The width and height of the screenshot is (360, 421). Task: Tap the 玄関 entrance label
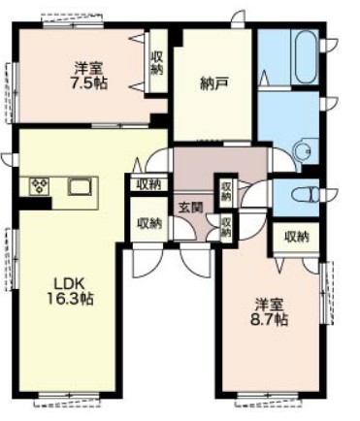click(x=189, y=206)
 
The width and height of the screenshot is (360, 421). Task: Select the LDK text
click(x=69, y=284)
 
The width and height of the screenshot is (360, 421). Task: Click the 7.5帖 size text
click(x=88, y=83)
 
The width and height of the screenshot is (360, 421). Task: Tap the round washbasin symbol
click(x=301, y=151)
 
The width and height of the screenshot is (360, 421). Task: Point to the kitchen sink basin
click(x=79, y=186)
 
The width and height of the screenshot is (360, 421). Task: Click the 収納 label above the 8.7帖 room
click(x=297, y=236)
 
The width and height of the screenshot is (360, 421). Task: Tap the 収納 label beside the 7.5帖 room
click(x=157, y=63)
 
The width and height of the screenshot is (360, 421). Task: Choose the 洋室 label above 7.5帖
click(x=90, y=68)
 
